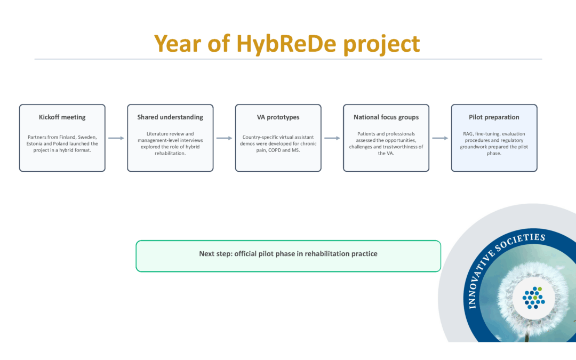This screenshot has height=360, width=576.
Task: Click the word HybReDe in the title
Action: click(x=286, y=44)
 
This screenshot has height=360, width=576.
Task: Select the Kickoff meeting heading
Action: click(x=62, y=117)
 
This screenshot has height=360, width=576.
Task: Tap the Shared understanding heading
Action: click(x=170, y=117)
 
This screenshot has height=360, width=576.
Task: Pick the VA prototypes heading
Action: click(x=278, y=117)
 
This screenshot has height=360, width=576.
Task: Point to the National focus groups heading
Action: click(x=386, y=117)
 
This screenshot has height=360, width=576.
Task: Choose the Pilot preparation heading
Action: click(x=494, y=117)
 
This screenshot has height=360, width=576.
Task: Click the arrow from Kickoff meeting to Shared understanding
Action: click(x=116, y=138)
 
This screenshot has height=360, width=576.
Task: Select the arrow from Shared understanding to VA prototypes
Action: click(x=224, y=138)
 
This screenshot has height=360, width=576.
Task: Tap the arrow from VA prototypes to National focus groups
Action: click(x=332, y=138)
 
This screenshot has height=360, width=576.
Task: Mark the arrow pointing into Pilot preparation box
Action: click(x=440, y=138)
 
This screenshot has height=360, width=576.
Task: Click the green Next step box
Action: click(x=288, y=255)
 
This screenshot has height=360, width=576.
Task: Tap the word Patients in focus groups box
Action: click(x=367, y=134)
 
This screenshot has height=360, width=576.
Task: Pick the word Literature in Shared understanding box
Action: click(x=158, y=134)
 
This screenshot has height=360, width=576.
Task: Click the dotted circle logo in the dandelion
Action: click(x=533, y=298)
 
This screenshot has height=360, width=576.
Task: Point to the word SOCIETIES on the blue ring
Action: click(x=523, y=241)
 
